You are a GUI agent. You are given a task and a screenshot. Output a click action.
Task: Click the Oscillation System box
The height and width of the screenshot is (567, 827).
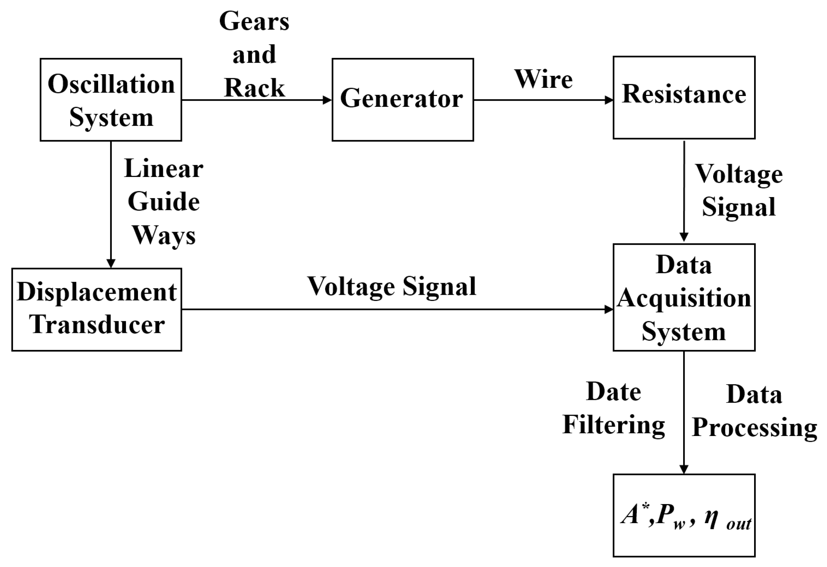click(111, 100)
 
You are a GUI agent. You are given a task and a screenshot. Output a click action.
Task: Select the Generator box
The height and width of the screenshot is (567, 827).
click(402, 100)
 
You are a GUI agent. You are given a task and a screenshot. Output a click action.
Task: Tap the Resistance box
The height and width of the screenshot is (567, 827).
click(684, 97)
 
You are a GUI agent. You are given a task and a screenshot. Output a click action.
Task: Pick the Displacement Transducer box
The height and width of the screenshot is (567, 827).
click(96, 309)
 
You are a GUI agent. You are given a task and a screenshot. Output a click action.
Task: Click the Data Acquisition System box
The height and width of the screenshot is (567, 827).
click(684, 297)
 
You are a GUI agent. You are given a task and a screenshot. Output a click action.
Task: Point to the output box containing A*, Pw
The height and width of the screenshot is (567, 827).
click(684, 515)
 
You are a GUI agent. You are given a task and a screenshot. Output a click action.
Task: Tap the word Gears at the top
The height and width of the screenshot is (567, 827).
click(254, 21)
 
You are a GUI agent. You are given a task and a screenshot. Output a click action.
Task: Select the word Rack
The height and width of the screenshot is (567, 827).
click(254, 88)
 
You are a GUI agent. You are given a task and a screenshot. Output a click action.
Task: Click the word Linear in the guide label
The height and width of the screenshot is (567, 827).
click(164, 168)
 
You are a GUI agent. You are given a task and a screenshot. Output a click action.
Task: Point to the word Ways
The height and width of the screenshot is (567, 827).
click(164, 235)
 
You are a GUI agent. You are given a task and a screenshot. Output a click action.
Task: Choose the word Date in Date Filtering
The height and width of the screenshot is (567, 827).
click(613, 392)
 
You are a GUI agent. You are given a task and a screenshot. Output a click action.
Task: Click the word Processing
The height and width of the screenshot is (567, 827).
click(754, 428)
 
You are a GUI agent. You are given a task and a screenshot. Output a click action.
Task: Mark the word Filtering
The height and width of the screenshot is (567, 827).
click(613, 425)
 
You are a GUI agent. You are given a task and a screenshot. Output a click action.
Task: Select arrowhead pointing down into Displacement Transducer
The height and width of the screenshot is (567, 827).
click(111, 263)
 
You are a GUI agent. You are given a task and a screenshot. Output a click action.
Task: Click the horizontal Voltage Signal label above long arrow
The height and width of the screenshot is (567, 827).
click(392, 287)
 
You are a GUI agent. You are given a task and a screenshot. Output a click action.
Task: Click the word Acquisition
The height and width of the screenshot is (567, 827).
click(684, 298)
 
